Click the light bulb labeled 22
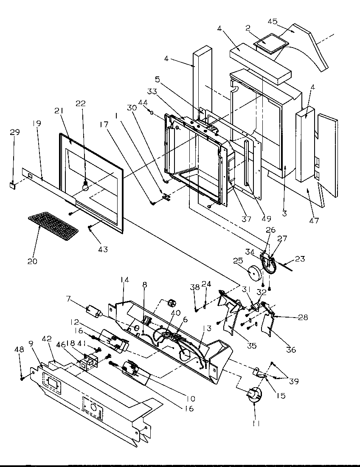coord(86,185)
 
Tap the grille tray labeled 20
coord(53,225)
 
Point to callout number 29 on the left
coord(15,133)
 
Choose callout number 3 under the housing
coord(284,214)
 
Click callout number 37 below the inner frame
coord(246,219)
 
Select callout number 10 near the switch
coord(190,399)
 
